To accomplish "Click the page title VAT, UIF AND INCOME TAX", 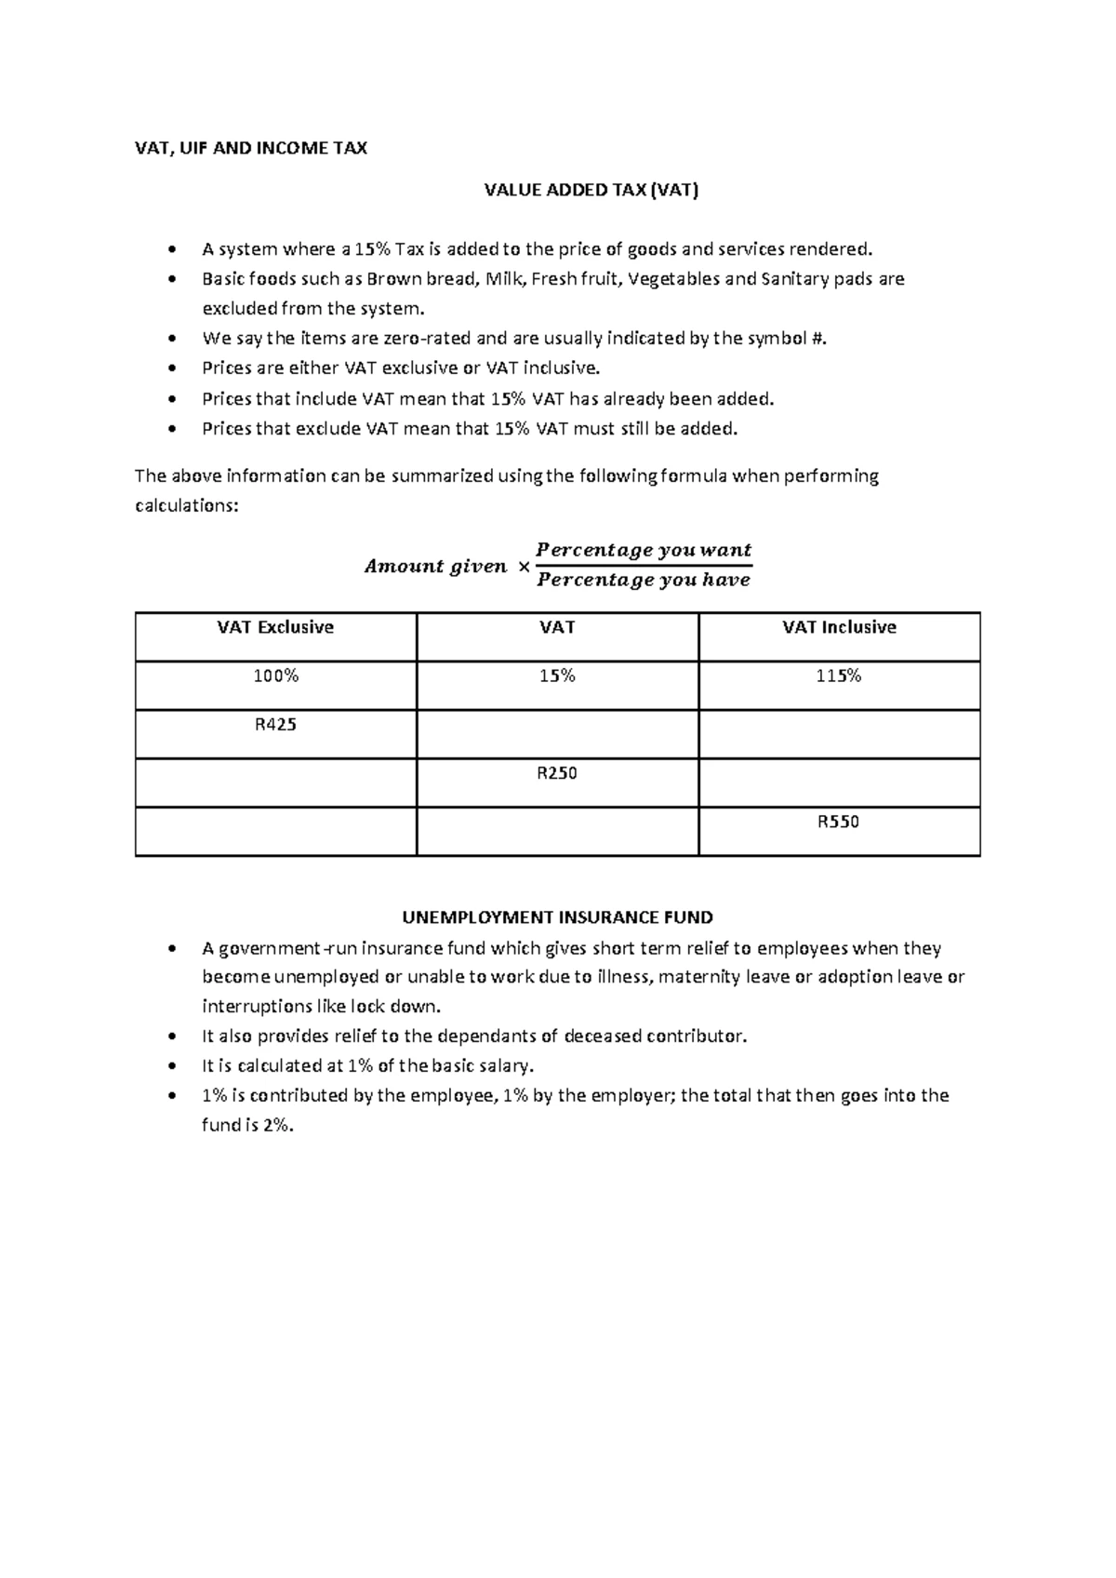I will coord(251,148).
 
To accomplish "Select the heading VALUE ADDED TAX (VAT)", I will coord(591,191).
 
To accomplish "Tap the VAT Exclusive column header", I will coord(275,627).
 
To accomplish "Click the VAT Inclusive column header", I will coord(839,627).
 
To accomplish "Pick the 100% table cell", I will coord(275,676).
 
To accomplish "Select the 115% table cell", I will coord(839,676).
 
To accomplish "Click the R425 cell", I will coord(275,725).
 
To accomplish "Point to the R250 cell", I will coord(557,773).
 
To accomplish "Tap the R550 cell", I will coord(839,822).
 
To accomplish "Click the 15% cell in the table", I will coord(557,676).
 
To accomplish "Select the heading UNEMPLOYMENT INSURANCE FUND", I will coord(557,917).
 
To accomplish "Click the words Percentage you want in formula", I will coord(644,550).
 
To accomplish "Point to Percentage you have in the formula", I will coord(644,581).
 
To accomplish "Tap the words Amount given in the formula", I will coord(435,566).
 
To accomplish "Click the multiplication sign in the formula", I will coord(523,567).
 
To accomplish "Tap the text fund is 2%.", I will coord(247,1125).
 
